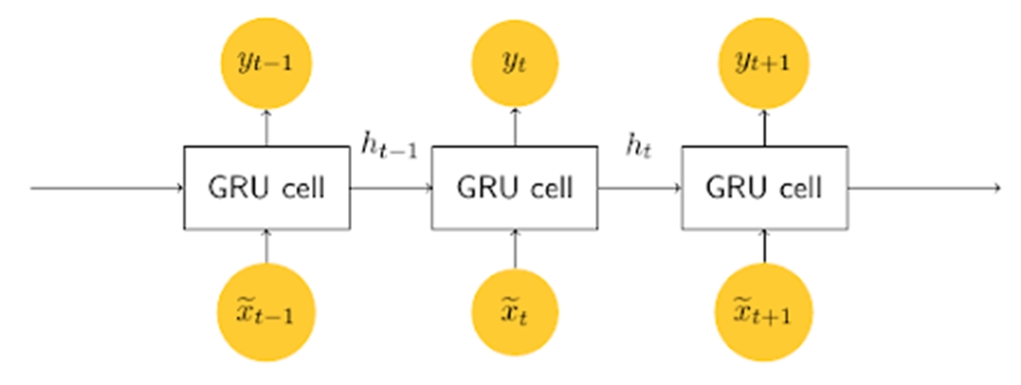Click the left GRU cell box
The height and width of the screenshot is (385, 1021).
[266, 188]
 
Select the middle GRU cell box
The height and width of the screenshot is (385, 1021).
[514, 188]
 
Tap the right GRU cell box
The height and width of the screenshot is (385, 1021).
[764, 188]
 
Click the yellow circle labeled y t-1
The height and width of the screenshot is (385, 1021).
[266, 63]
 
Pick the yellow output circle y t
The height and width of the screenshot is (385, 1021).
[514, 63]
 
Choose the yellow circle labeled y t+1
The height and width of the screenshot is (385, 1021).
[764, 63]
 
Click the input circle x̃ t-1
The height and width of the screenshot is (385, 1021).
[266, 311]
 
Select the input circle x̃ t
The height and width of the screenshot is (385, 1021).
[514, 311]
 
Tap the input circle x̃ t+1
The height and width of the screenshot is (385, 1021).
[764, 311]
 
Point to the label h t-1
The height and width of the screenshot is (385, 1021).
[388, 147]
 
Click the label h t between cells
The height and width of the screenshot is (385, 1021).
[638, 147]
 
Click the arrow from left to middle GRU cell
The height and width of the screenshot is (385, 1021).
[390, 188]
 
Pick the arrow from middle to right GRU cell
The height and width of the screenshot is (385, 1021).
[639, 188]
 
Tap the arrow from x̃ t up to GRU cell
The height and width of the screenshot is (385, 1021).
[514, 249]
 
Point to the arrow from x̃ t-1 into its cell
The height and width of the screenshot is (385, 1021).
[266, 249]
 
